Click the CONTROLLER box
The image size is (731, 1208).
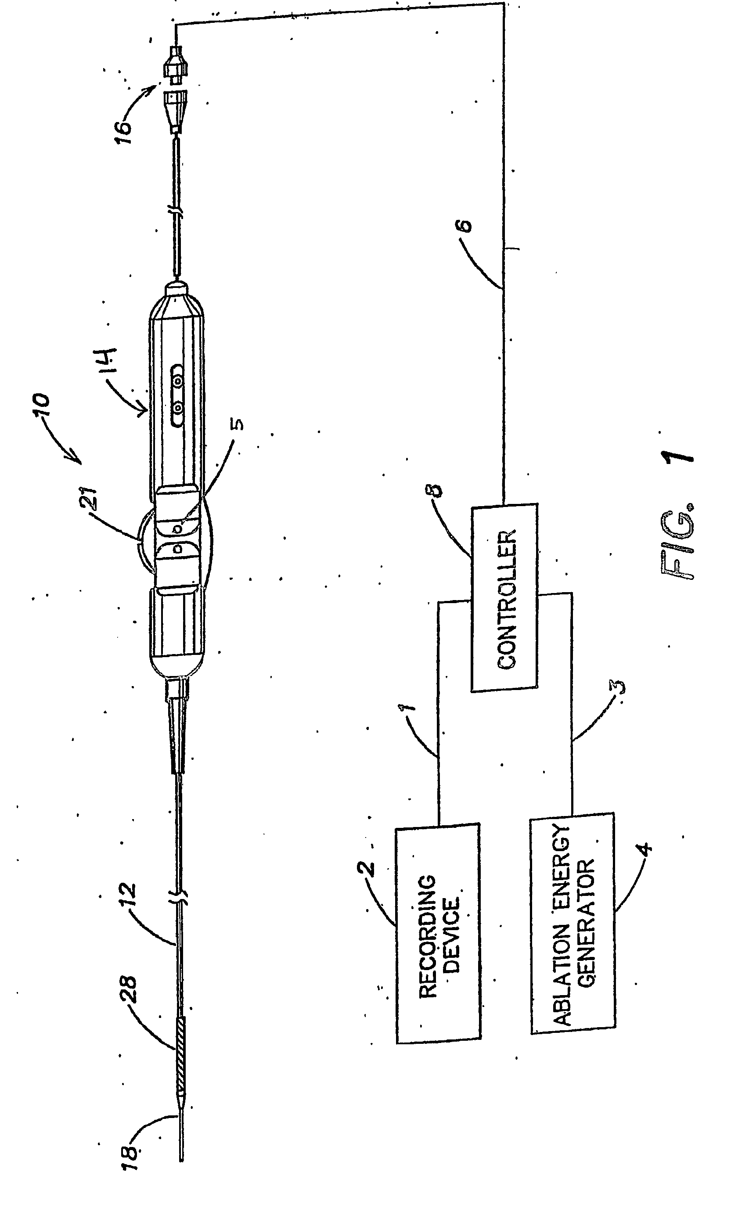pos(504,598)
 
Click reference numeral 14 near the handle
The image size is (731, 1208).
pos(110,361)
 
